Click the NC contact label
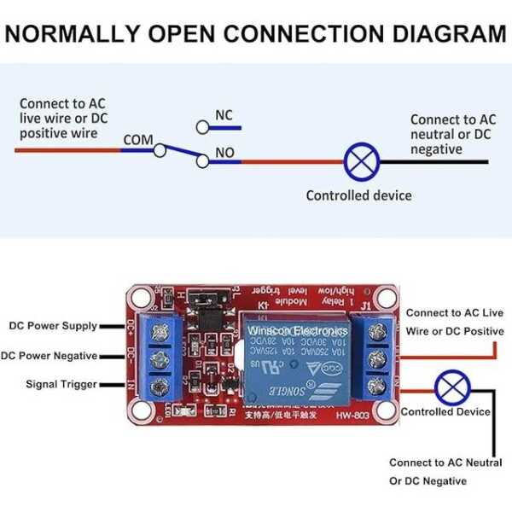click(x=224, y=115)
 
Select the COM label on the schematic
click(x=138, y=140)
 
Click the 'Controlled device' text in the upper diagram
click(x=358, y=195)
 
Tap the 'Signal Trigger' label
click(x=61, y=385)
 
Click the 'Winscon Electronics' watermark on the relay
click(x=297, y=329)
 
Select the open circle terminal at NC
click(x=202, y=127)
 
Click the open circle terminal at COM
click(x=160, y=150)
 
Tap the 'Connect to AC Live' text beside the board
click(x=455, y=314)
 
